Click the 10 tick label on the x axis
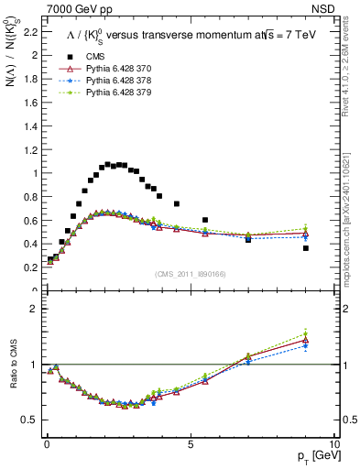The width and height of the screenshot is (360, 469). (333, 442)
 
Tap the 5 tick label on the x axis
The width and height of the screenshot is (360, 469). (190, 442)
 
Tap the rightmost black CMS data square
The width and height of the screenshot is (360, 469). (305, 248)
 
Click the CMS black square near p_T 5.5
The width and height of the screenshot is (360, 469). (205, 220)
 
